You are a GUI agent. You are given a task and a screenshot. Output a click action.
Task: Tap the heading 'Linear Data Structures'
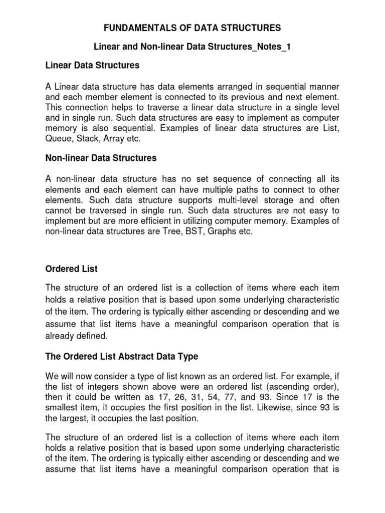click(92, 65)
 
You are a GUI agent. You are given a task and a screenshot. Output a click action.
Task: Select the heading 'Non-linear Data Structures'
click(101, 158)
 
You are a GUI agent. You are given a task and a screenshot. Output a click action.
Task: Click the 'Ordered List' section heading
click(71, 269)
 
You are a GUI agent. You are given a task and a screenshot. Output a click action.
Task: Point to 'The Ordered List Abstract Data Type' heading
click(122, 357)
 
